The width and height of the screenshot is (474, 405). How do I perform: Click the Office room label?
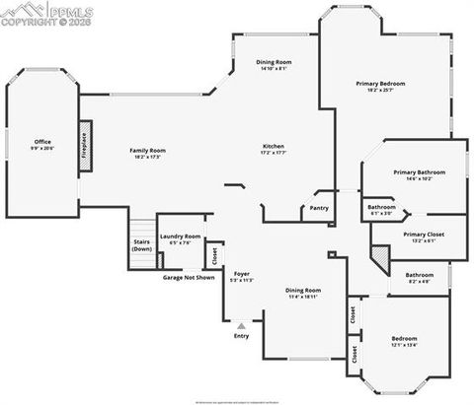click(42, 145)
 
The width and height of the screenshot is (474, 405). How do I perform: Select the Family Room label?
click(147, 153)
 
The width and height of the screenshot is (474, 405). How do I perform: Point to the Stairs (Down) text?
click(142, 245)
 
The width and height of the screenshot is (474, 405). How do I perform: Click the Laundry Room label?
click(181, 238)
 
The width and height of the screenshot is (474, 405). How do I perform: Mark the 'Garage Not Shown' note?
click(188, 277)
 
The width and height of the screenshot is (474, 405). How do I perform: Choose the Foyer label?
click(241, 277)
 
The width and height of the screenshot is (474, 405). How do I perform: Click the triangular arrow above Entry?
click(241, 324)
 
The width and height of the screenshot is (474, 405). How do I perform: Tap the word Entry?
click(241, 336)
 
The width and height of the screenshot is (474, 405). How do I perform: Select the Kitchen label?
click(273, 149)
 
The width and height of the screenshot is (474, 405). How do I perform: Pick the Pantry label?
click(318, 208)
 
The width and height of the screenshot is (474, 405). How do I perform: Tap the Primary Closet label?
click(424, 236)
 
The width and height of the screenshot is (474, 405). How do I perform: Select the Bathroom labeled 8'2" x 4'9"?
click(419, 277)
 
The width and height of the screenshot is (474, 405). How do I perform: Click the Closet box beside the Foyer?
click(215, 254)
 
